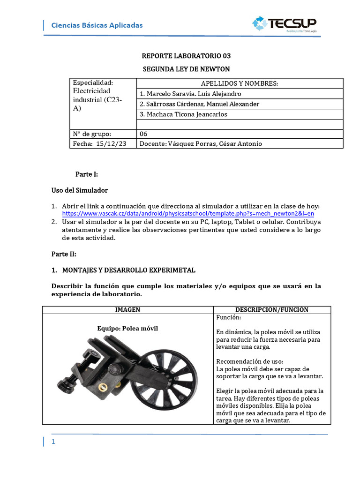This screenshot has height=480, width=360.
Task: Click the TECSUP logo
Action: (x=284, y=24)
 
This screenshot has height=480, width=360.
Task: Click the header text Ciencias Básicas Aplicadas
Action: (x=97, y=25)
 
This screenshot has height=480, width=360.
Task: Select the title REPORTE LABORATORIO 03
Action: (x=186, y=56)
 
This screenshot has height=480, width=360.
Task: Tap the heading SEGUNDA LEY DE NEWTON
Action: (x=186, y=69)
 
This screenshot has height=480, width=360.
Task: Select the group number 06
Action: (x=143, y=134)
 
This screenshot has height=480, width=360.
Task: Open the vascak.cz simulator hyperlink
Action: (x=188, y=214)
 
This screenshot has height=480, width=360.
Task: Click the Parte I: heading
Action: (x=87, y=174)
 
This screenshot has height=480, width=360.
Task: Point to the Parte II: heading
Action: (x=64, y=254)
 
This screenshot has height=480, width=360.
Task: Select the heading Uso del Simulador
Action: (x=79, y=190)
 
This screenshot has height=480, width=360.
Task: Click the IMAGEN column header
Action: (x=127, y=310)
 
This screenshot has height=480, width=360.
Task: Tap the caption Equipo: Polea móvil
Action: (x=127, y=328)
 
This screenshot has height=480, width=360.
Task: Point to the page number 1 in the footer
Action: (x=53, y=442)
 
